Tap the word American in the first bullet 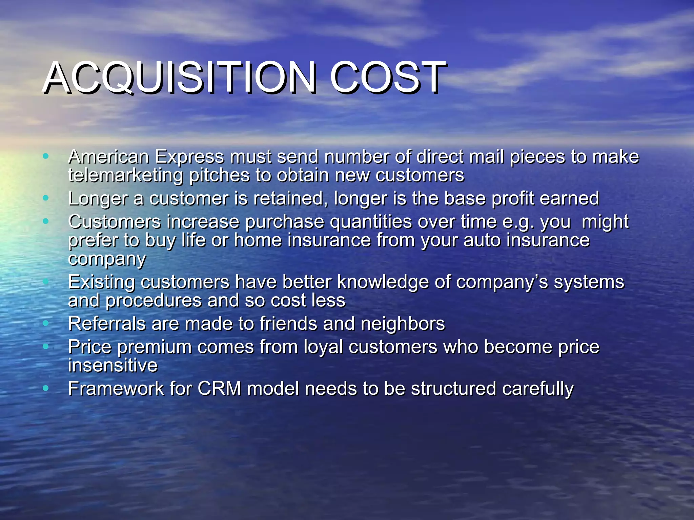tap(108, 157)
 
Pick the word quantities tap(371, 222)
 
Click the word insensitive tap(113, 365)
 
